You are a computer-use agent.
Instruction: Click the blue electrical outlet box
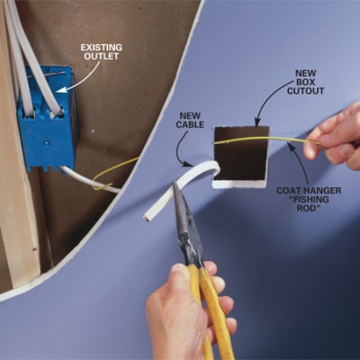tap(47, 120)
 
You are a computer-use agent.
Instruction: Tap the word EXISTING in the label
tap(101, 48)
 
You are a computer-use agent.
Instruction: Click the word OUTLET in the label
tap(102, 56)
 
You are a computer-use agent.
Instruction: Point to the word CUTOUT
tap(306, 91)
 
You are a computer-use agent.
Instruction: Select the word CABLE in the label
tap(190, 124)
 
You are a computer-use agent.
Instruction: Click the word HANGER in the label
tap(324, 191)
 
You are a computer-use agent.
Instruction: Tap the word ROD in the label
tap(309, 208)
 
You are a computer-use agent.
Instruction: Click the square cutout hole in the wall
tap(240, 157)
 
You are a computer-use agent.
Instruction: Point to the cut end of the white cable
tap(147, 217)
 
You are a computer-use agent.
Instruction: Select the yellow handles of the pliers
tap(210, 309)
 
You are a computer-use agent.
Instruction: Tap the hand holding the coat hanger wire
tap(336, 138)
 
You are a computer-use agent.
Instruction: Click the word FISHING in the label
tap(309, 199)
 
